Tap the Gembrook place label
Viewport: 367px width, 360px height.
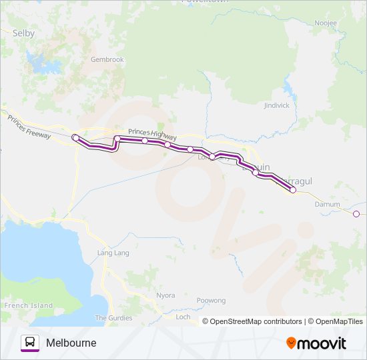(107, 59)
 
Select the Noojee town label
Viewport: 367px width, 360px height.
(326, 23)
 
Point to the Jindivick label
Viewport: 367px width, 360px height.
(276, 105)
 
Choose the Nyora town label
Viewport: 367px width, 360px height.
(165, 295)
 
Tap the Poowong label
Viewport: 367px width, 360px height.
(212, 301)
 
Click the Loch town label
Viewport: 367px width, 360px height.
(183, 317)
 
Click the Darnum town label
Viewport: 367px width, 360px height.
(327, 204)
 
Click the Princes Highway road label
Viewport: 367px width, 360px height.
(153, 134)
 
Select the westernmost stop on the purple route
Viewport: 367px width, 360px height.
(75, 137)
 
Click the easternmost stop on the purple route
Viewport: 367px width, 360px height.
(293, 190)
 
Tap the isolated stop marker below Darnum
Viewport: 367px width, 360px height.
(356, 214)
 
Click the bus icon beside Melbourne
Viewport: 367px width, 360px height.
(30, 343)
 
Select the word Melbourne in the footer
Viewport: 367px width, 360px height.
(71, 343)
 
